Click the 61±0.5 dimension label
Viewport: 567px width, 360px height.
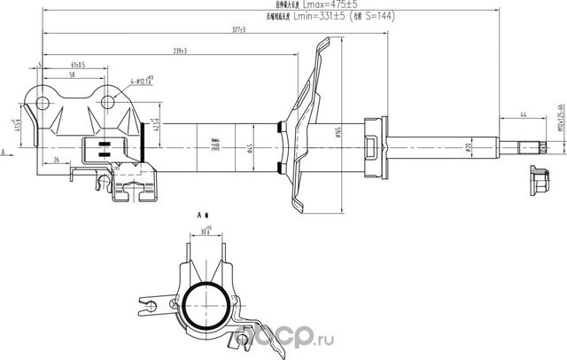(x=77, y=65)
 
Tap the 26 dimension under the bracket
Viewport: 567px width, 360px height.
(x=55, y=160)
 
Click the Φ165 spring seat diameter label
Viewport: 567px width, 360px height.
(x=339, y=134)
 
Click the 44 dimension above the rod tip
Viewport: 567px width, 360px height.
(x=524, y=114)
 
